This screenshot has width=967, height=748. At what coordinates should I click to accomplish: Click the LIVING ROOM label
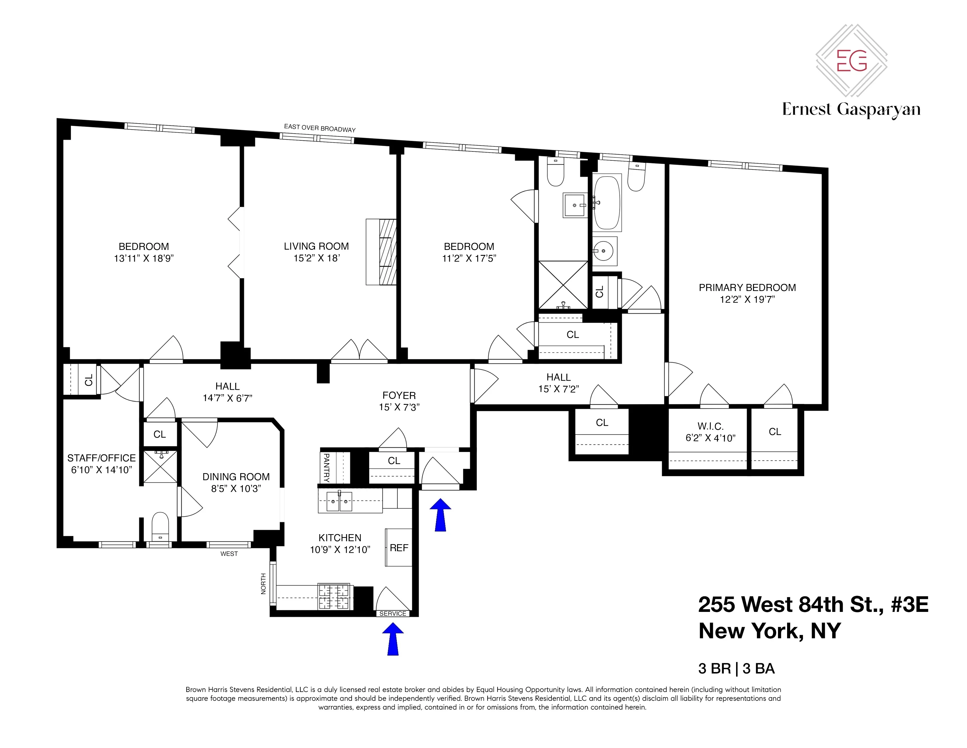[x=316, y=246]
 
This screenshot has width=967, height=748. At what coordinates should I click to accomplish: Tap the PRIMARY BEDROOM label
[x=747, y=287]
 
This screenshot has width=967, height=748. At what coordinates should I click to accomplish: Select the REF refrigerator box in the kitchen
[x=399, y=548]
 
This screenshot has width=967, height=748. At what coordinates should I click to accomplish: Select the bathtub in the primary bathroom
[x=607, y=202]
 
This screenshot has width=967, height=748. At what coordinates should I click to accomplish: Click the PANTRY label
[x=326, y=468]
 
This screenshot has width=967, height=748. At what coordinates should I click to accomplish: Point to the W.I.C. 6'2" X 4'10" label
[x=710, y=432]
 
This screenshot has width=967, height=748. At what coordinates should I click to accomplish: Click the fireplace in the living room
[x=381, y=252]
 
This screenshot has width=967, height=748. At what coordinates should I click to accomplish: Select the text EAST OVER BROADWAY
[x=320, y=128]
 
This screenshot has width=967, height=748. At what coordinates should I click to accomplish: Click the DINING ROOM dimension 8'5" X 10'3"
[x=236, y=488]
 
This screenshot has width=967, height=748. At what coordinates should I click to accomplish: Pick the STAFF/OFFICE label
[x=101, y=458]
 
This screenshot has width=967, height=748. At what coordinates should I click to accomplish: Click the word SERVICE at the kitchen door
[x=393, y=613]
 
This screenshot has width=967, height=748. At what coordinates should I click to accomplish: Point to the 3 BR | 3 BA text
[x=736, y=668]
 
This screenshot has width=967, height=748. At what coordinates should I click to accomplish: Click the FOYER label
[x=399, y=395]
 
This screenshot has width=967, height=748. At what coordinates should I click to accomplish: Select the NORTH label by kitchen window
[x=263, y=584]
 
